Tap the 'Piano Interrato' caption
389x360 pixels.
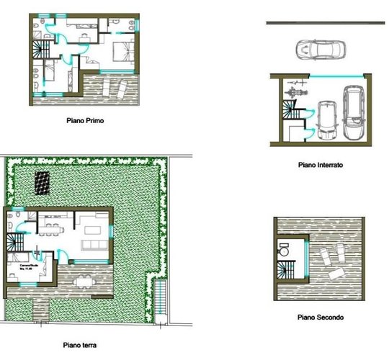coord(321,165)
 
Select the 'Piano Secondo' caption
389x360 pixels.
coord(320,317)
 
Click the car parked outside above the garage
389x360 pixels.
coord(321,50)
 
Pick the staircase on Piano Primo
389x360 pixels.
coord(38,51)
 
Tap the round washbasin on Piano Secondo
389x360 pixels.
coord(284,252)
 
